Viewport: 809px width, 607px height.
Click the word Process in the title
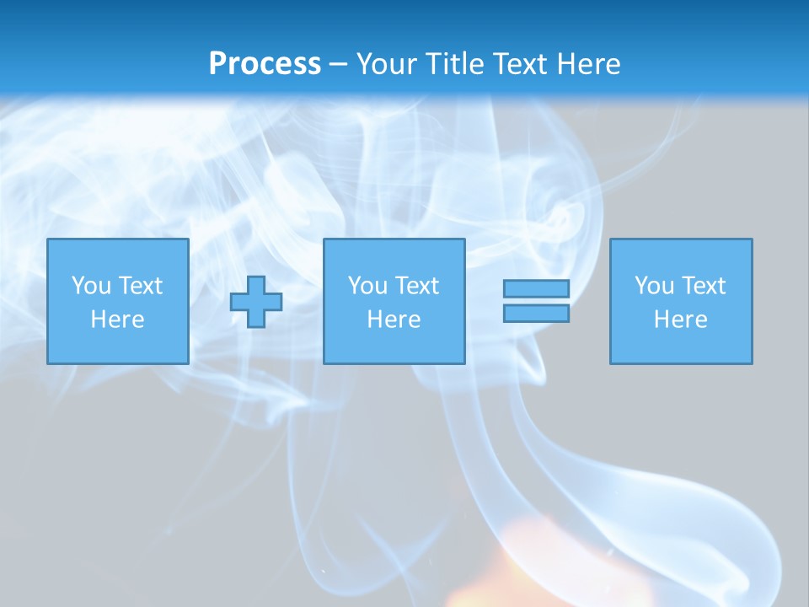[265, 64]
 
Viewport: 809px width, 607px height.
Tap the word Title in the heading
[457, 64]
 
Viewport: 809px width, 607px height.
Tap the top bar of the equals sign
[536, 289]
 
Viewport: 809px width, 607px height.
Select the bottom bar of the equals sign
[536, 314]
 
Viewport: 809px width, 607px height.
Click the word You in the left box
[91, 286]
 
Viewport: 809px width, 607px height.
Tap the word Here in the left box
[117, 320]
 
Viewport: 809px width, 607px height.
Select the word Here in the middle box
[394, 320]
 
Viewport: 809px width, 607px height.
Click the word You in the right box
[654, 286]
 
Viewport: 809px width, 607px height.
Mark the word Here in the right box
[680, 320]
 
